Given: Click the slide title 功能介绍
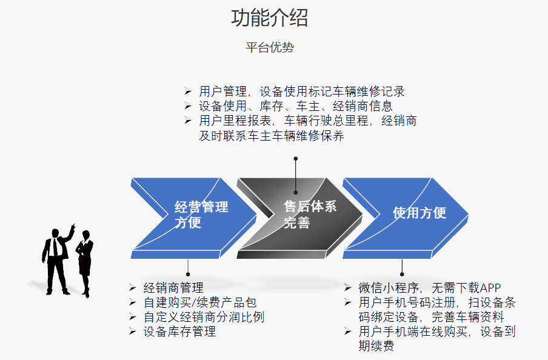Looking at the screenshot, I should [269, 18].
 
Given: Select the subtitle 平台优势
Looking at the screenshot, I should [269, 48].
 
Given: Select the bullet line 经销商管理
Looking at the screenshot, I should [173, 288].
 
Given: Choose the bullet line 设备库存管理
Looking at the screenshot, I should [179, 332].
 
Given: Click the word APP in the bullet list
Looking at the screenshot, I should [490, 288].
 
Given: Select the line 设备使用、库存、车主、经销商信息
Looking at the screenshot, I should [296, 106].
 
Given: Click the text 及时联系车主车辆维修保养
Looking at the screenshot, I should [272, 136].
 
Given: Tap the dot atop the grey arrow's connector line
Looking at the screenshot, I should [296, 159].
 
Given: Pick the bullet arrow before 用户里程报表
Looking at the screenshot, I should [188, 121].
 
